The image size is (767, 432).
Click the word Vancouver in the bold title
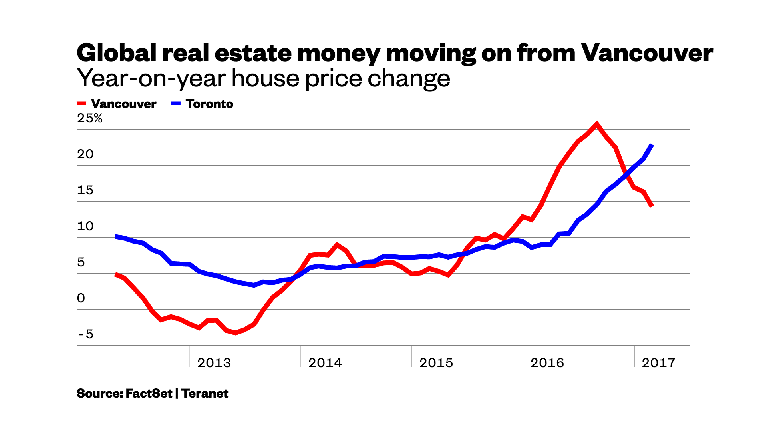click(647, 53)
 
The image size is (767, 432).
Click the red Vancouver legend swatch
click(81, 104)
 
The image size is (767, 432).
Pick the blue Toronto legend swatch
click(176, 104)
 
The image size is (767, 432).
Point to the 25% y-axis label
click(90, 118)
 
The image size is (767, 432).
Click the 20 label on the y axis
click(85, 154)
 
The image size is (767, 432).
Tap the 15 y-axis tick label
click(85, 190)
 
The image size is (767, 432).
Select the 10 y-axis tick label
click(85, 226)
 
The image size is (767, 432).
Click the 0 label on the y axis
click(81, 298)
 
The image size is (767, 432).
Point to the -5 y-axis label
click(86, 334)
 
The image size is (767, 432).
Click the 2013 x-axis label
click(214, 363)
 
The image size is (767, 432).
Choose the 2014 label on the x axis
click(325, 363)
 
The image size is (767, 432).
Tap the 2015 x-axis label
click(436, 363)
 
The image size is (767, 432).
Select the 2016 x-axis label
click(547, 363)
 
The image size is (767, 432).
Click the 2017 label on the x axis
click(658, 363)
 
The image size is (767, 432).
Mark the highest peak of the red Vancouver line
click(597, 124)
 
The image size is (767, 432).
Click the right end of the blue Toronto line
click(652, 145)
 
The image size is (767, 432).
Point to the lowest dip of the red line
click(236, 332)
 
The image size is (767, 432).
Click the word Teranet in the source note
click(205, 394)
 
